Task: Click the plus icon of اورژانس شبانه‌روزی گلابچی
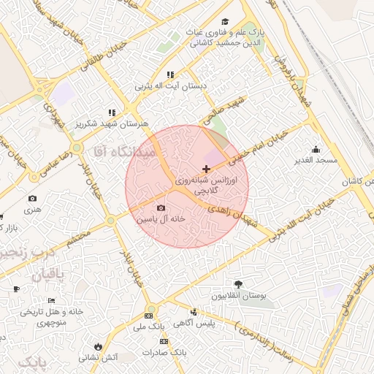coord(206,169)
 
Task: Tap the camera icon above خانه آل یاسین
coord(161,207)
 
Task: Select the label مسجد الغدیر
coord(316,159)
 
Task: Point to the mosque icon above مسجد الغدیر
coord(316,149)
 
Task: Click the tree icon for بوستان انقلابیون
coord(238,284)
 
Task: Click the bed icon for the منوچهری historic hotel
coord(51,301)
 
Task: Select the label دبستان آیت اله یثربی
coord(170,85)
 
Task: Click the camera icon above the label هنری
coord(32,199)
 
